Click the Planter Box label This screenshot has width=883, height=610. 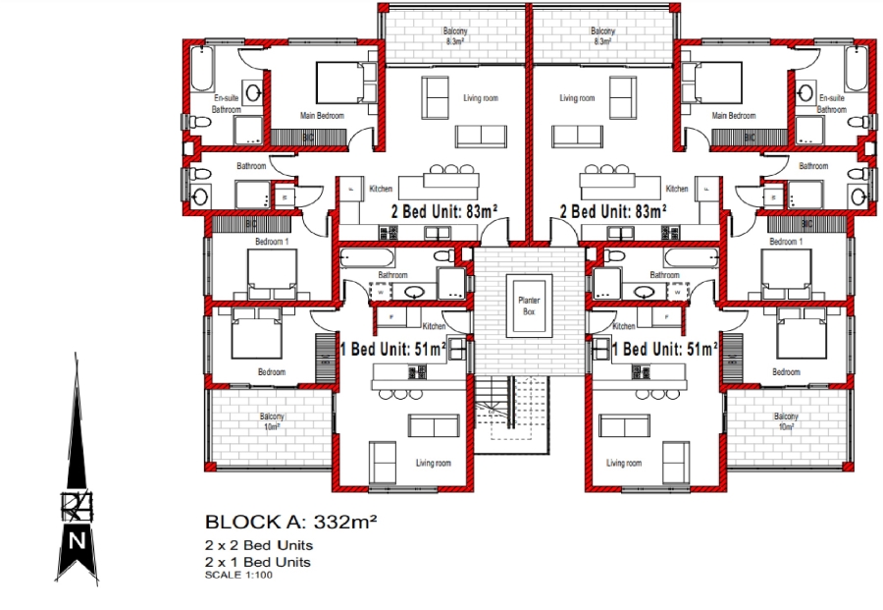[x=529, y=305]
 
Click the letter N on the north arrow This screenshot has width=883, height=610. [x=77, y=540]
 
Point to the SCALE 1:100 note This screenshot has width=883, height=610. [x=239, y=575]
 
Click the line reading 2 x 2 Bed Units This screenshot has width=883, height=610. [x=259, y=545]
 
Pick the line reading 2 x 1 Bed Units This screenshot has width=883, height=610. [x=258, y=562]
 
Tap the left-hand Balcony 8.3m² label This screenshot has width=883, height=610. [x=455, y=37]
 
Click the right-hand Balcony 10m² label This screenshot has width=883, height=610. [x=785, y=421]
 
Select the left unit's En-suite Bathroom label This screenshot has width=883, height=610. [x=227, y=104]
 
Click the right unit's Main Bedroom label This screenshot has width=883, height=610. [x=734, y=115]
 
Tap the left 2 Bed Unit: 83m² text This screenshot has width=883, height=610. [x=444, y=211]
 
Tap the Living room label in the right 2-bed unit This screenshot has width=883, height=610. [x=577, y=98]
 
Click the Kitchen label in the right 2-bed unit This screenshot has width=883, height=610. [x=677, y=189]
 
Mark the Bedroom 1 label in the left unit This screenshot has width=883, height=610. [x=272, y=242]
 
